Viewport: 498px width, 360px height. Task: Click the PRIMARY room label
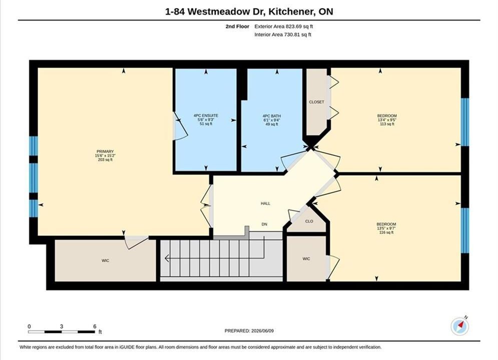click(x=105, y=151)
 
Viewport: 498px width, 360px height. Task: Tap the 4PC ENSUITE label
click(x=206, y=116)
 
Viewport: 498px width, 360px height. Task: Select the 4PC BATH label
click(x=272, y=116)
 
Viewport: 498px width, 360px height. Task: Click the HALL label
click(x=265, y=203)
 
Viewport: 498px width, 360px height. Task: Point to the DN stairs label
click(x=264, y=224)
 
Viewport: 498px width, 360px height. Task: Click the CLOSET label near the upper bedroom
click(x=317, y=102)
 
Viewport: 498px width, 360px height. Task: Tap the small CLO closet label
click(x=309, y=221)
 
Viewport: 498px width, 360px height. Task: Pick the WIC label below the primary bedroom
click(x=106, y=260)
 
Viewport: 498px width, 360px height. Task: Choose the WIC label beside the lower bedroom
click(x=306, y=259)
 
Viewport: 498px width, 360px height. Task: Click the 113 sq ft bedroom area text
click(x=387, y=124)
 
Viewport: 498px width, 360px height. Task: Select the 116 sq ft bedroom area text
click(x=386, y=232)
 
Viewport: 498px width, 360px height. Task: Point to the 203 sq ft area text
click(x=105, y=160)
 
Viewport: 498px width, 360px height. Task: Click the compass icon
click(x=459, y=326)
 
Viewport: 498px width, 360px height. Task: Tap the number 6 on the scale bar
click(x=95, y=326)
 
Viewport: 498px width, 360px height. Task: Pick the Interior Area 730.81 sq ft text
click(x=283, y=34)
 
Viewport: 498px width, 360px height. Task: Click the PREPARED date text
click(x=249, y=331)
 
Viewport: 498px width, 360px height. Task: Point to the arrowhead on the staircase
click(x=167, y=258)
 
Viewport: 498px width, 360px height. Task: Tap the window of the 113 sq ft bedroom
click(x=465, y=122)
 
